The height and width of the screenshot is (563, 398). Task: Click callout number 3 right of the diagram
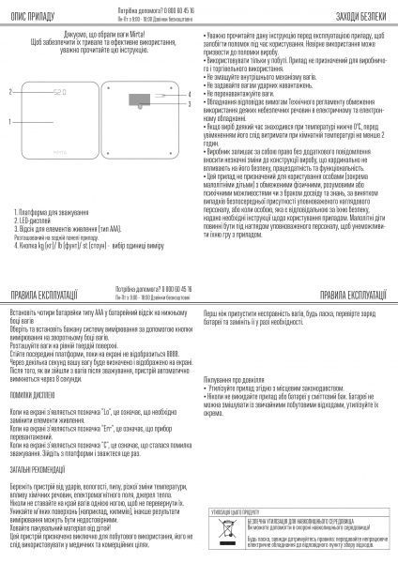pos(188,99)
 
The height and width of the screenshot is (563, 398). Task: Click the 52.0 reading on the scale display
pos(59,93)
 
